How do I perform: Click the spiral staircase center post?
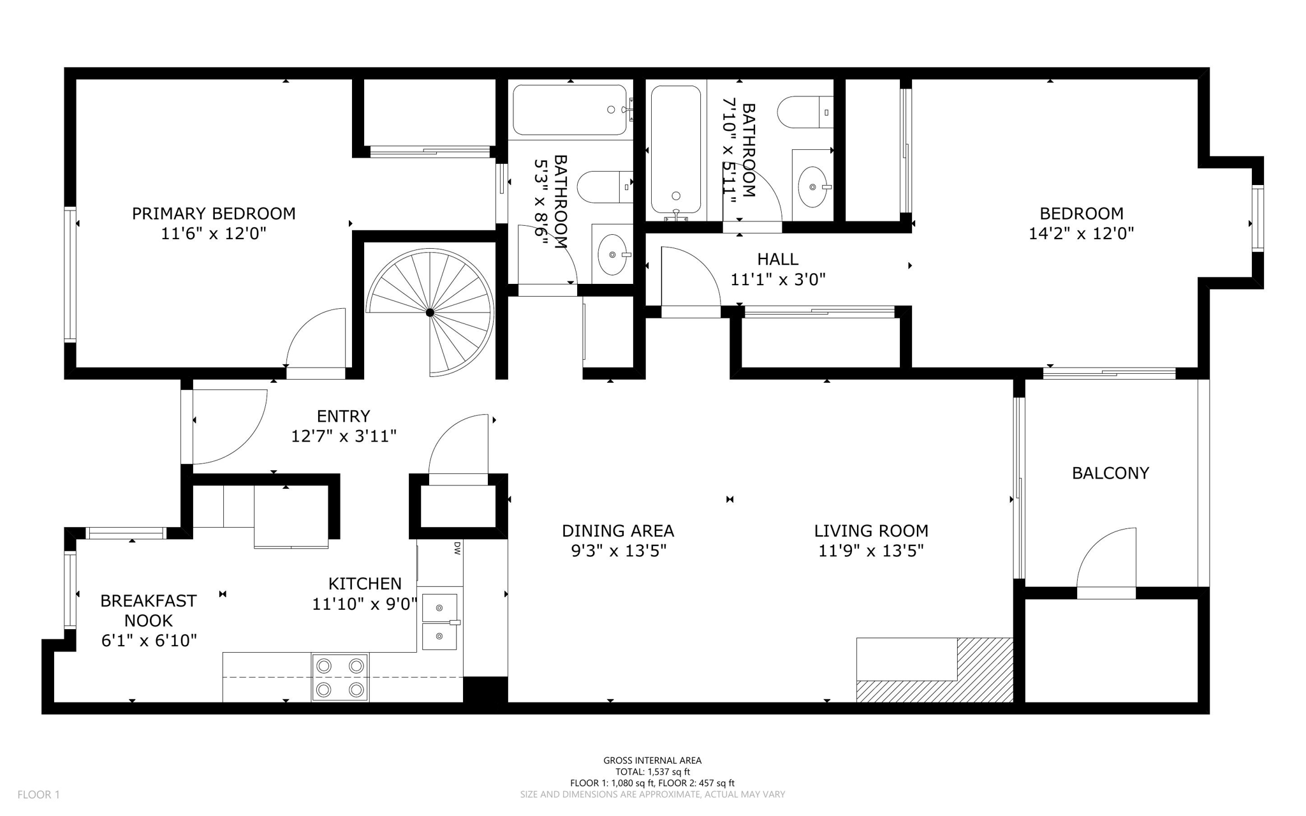430,313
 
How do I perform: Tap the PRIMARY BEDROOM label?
214,213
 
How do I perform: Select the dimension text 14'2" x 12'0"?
1081,234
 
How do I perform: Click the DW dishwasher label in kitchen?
457,547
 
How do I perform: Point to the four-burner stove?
340,678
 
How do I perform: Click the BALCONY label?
1110,473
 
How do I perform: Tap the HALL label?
777,259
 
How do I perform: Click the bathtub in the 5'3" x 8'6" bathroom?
569,110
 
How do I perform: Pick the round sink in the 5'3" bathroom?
613,255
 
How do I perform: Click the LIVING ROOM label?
870,531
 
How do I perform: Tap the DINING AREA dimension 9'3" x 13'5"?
618,551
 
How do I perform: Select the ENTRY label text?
343,416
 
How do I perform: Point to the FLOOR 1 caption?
38,794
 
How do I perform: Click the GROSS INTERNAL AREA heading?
652,760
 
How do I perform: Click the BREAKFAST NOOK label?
148,611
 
